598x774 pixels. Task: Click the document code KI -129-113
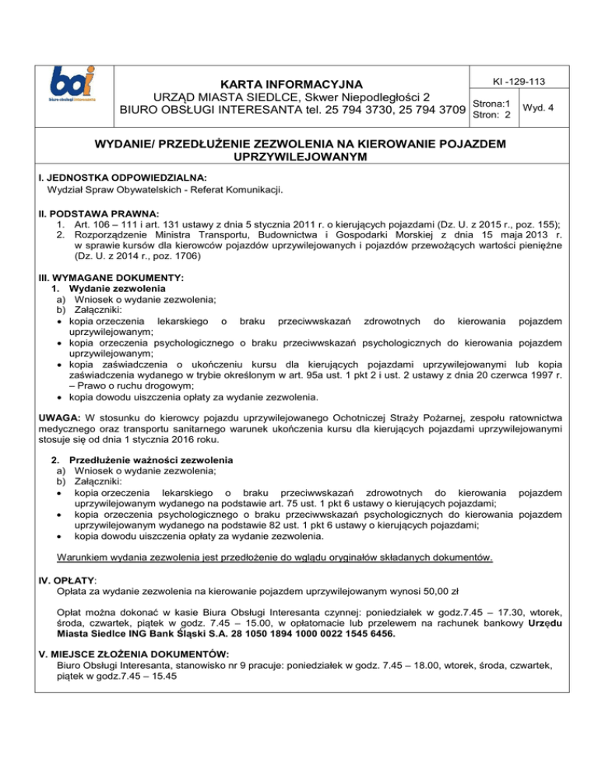pyautogui.click(x=514, y=82)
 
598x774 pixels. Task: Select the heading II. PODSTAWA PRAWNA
pyautogui.click(x=93, y=213)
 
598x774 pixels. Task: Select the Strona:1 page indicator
pyautogui.click(x=489, y=103)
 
